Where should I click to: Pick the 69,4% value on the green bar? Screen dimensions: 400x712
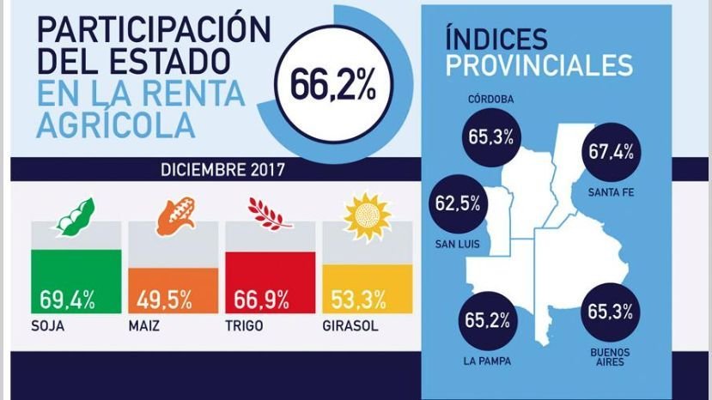click(x=67, y=300)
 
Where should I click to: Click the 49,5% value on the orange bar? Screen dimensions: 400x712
click(x=164, y=300)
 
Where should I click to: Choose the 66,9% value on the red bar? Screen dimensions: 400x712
click(x=261, y=300)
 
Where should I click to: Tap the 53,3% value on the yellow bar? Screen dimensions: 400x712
click(x=358, y=300)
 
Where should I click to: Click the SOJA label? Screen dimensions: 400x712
click(x=48, y=327)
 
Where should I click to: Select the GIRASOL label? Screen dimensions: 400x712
click(x=348, y=327)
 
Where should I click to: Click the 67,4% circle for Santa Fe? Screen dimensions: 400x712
click(x=612, y=152)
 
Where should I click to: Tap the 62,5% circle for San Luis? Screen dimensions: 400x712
click(x=455, y=206)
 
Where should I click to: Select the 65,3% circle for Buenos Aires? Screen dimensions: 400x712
click(x=610, y=312)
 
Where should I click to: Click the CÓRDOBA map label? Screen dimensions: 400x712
click(x=491, y=100)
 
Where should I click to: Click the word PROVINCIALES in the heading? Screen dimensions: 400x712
click(x=539, y=65)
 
